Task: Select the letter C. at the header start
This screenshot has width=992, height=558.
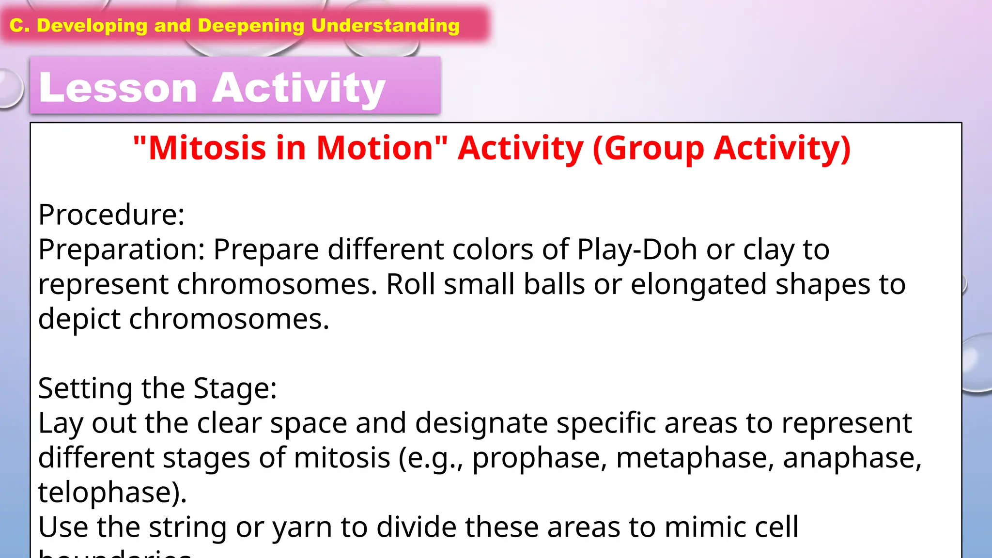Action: pyautogui.click(x=19, y=26)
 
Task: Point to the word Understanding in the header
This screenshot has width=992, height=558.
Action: pyautogui.click(x=385, y=26)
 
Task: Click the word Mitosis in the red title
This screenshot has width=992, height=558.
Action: pyautogui.click(x=207, y=148)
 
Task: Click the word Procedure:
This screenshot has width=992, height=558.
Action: pyautogui.click(x=111, y=214)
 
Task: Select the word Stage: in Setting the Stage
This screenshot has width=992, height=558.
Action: pyautogui.click(x=235, y=388)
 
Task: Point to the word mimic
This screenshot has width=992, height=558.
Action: pyautogui.click(x=700, y=527)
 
